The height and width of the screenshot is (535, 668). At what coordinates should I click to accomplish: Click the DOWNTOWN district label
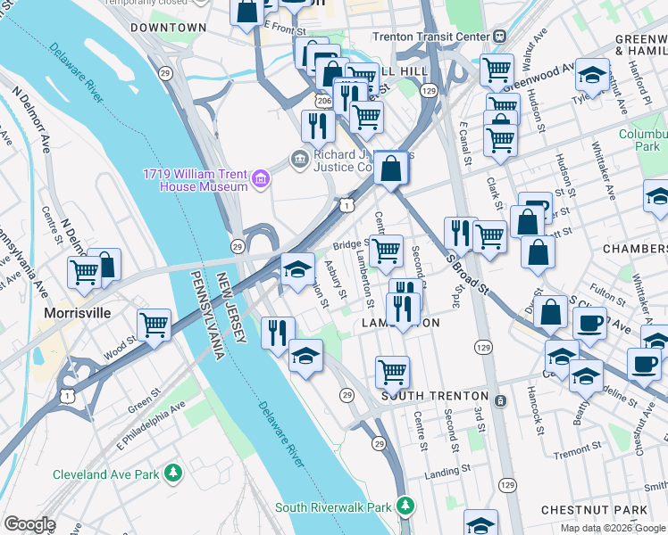coord(168,28)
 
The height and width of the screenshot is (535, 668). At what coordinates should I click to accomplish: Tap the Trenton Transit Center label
coord(430,37)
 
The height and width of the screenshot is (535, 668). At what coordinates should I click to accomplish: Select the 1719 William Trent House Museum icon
coord(260,179)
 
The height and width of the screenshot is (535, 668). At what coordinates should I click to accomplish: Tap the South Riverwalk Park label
coord(332,507)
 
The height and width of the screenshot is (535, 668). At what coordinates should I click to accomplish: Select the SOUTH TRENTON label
coord(435,396)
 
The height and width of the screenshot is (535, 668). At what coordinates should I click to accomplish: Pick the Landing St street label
coord(447,470)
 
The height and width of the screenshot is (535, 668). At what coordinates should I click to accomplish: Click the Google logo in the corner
coord(29,524)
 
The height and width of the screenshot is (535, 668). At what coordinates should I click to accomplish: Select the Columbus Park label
coord(644,139)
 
